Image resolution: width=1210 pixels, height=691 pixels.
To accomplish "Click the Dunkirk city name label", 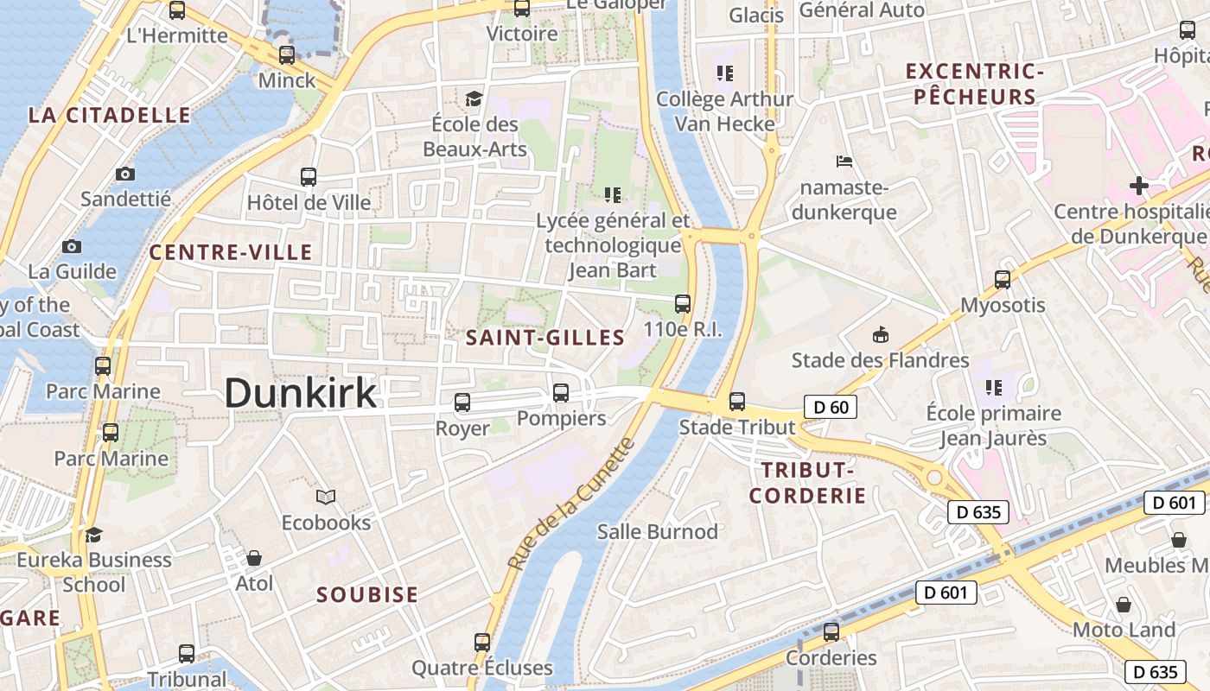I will [x=301, y=393].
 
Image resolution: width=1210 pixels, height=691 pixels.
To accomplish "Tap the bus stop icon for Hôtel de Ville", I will [x=309, y=177].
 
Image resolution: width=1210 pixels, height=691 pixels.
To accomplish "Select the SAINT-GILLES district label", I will [x=545, y=338].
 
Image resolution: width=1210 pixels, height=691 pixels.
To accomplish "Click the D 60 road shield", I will [x=831, y=408].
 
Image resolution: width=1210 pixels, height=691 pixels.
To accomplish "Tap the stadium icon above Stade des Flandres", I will [x=880, y=334].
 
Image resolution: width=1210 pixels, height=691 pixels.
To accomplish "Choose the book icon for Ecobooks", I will [x=326, y=497].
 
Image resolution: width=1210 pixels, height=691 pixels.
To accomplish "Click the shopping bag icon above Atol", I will [x=254, y=558].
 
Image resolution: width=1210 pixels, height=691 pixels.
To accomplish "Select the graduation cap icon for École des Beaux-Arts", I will [x=474, y=98].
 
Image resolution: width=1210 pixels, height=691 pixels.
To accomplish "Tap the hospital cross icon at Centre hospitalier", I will [x=1139, y=186].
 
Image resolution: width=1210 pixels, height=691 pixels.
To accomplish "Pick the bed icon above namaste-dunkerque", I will [x=844, y=162].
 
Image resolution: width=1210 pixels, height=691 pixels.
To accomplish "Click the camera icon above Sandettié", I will [x=125, y=174].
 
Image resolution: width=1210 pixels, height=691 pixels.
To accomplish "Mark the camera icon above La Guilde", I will [x=72, y=246].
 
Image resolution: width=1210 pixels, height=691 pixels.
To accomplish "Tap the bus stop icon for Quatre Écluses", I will [x=482, y=642].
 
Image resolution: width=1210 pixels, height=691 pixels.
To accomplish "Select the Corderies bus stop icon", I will [x=831, y=631].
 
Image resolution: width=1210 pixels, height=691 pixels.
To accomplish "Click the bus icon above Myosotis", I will [x=1003, y=279].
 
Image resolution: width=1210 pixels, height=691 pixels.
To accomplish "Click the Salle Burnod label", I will [x=658, y=531].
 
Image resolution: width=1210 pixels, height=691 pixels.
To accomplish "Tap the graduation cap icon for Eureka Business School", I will [x=93, y=535].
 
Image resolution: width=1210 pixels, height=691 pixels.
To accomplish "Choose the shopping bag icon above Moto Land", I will [x=1124, y=604].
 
